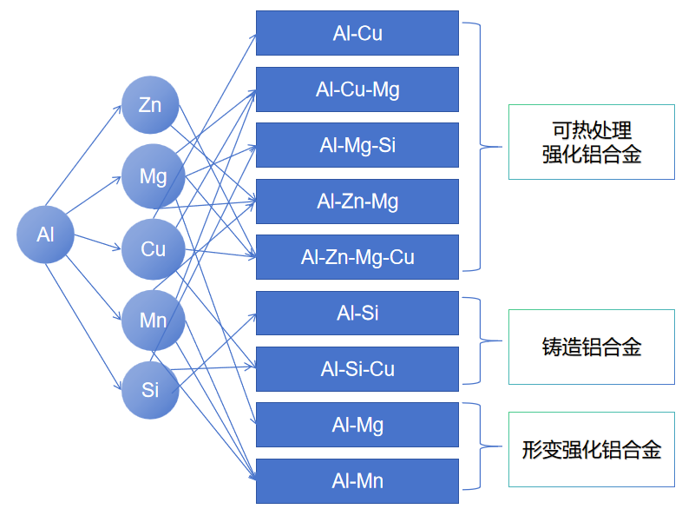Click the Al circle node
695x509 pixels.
[45, 235]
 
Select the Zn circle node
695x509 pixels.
[150, 106]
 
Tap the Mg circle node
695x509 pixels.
[153, 176]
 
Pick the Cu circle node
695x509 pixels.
[153, 249]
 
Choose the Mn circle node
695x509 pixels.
[153, 321]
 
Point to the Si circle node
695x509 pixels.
[150, 390]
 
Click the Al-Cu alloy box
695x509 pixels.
[357, 33]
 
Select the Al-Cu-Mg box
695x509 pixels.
[357, 89]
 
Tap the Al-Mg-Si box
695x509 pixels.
[357, 145]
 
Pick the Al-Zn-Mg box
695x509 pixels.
[357, 202]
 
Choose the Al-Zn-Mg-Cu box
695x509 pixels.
[357, 257]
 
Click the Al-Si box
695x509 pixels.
[357, 313]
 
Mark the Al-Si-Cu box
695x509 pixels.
[357, 369]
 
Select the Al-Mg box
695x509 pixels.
[357, 425]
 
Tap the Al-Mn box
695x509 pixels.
[357, 480]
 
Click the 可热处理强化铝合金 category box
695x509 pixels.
[591, 142]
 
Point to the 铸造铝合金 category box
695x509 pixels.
[591, 347]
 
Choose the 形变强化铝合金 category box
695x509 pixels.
[591, 449]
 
